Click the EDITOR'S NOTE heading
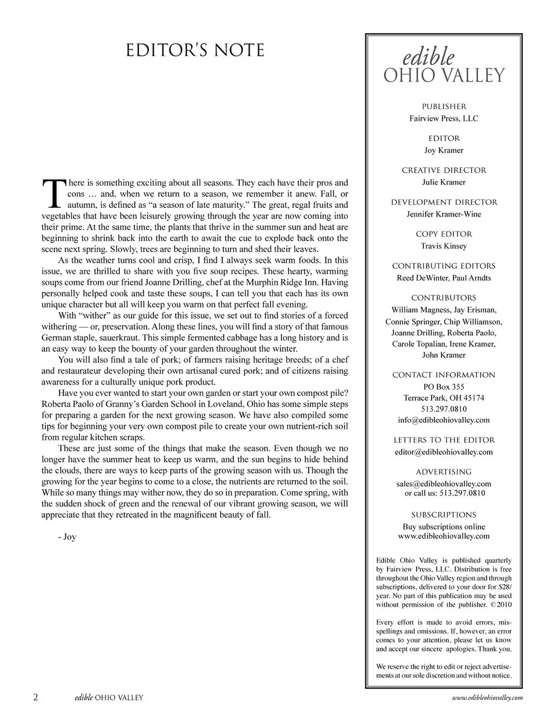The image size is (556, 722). click(x=195, y=50)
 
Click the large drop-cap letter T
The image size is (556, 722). click(x=52, y=193)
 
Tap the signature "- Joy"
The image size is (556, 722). click(x=67, y=537)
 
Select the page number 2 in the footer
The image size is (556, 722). click(x=36, y=697)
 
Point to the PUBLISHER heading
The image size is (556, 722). click(x=444, y=107)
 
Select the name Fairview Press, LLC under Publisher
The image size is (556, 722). click(x=444, y=118)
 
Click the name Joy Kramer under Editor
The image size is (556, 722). click(x=444, y=150)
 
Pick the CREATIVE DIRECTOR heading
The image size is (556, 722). click(x=444, y=170)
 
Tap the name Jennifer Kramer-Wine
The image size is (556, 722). click(x=444, y=214)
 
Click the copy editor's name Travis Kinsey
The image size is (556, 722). click(x=444, y=245)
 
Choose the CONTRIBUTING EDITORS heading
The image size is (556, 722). click(x=444, y=266)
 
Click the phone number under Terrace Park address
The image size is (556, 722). click(x=444, y=409)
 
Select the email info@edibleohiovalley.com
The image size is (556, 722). click(x=444, y=420)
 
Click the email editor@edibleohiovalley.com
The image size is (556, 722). click(x=444, y=452)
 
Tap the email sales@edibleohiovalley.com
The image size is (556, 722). click(x=444, y=483)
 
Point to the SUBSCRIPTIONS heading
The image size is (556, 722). click(x=444, y=515)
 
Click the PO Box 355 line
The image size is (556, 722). click(x=444, y=387)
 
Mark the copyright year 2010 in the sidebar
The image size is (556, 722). click(x=504, y=604)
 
